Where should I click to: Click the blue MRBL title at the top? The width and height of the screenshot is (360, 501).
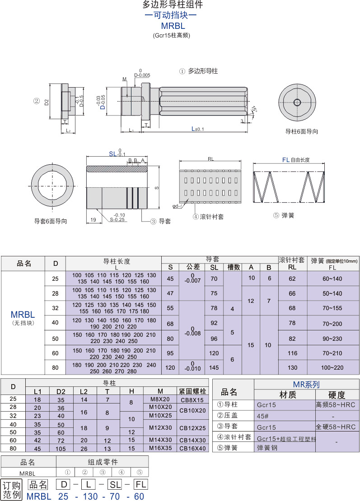pos(173,26)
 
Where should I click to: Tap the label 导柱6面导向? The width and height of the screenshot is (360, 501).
pos(301,131)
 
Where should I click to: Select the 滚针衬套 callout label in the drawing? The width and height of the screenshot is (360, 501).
pos(208,217)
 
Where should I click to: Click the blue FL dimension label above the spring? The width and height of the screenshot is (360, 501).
pos(286,160)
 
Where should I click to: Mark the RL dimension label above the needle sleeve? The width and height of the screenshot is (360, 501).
pos(210,159)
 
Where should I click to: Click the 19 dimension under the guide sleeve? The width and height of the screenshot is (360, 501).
pos(93,219)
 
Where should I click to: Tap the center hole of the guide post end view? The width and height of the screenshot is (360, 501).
pos(297,102)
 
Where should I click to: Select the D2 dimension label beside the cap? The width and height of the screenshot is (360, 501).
pos(47,102)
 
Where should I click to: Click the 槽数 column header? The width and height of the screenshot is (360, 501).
pos(234,267)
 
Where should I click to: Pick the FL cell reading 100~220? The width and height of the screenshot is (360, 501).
pos(332,367)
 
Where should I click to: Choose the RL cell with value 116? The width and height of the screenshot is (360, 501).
pos(292,353)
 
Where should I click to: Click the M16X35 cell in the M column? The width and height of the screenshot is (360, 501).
pos(160,448)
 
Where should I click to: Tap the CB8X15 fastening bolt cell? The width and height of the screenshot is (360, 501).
pos(192,400)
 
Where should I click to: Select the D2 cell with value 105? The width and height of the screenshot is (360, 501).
pos(61,449)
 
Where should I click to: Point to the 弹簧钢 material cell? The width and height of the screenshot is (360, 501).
pos(267,448)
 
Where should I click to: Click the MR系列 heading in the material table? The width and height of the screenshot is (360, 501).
pos(306,385)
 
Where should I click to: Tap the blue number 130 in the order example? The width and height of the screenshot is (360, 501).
pos(90,496)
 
